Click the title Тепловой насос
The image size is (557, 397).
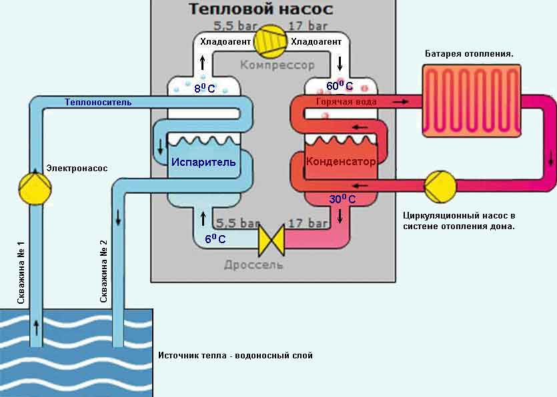click(x=260, y=9)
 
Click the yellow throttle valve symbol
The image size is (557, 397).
click(x=271, y=238)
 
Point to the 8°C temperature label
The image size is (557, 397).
click(x=204, y=87)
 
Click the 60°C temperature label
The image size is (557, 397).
click(x=339, y=86)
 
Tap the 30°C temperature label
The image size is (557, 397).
click(x=342, y=198)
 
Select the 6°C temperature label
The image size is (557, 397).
click(x=215, y=238)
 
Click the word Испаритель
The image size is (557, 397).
click(x=203, y=162)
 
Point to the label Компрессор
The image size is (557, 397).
click(x=277, y=65)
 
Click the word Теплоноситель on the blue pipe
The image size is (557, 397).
click(x=97, y=102)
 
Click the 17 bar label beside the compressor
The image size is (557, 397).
click(x=308, y=27)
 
